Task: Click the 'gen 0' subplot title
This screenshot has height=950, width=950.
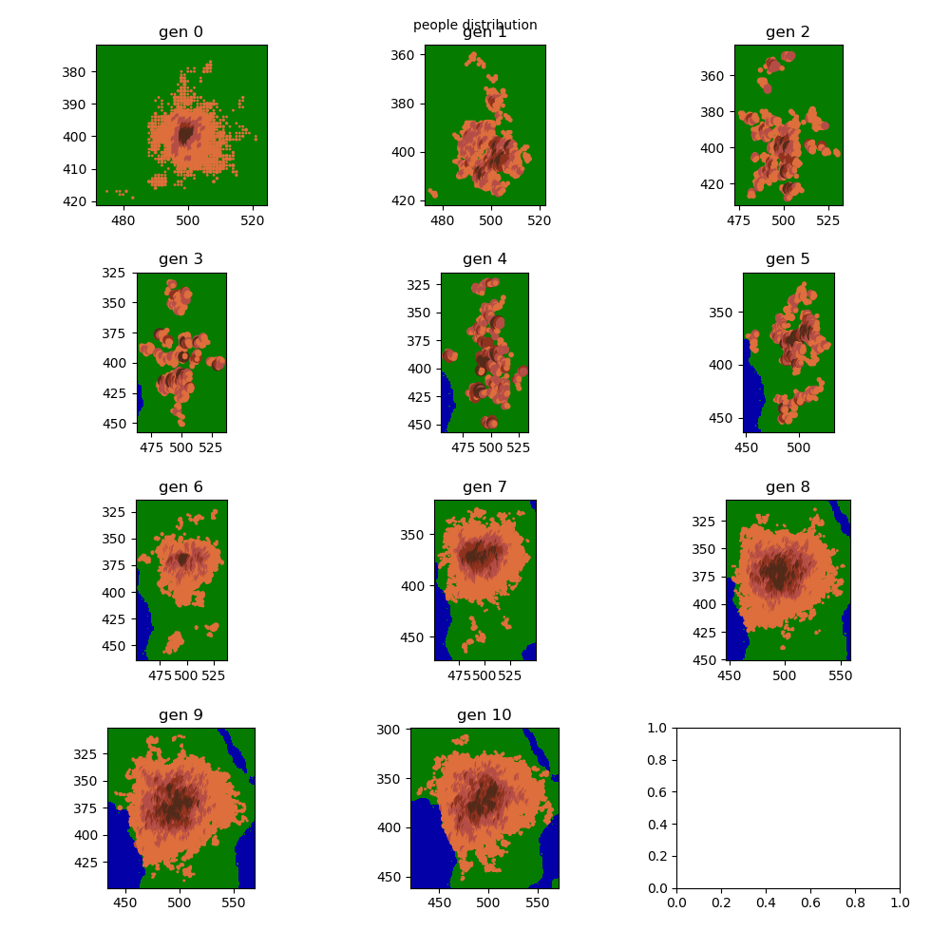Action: (180, 32)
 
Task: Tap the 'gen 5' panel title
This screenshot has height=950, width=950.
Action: (788, 259)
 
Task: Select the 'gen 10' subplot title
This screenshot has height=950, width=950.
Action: (484, 715)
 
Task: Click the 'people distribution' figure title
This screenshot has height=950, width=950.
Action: (475, 25)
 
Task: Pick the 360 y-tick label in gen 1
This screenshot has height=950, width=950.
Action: (402, 55)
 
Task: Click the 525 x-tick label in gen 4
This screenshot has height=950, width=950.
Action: (519, 447)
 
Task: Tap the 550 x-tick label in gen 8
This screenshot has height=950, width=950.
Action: (840, 675)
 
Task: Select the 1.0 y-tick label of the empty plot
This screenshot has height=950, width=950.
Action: (655, 728)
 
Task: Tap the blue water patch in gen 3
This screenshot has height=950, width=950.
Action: (139, 399)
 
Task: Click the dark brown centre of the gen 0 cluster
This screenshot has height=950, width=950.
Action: (186, 131)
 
